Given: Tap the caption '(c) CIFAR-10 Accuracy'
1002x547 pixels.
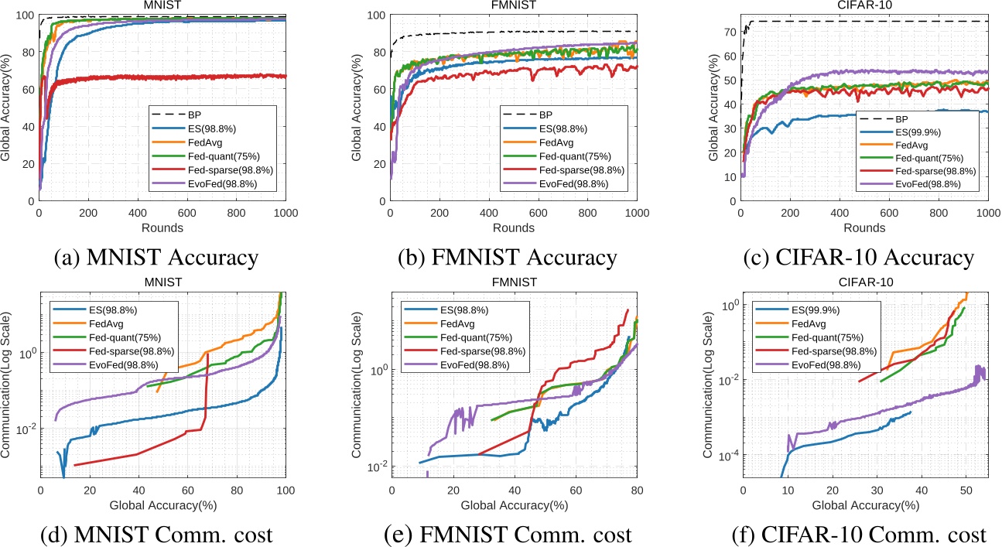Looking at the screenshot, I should pyautogui.click(x=864, y=257).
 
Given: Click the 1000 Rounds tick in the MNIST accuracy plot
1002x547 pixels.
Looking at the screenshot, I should pyautogui.click(x=286, y=212).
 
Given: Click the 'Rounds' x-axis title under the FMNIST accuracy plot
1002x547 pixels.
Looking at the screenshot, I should pyautogui.click(x=514, y=229).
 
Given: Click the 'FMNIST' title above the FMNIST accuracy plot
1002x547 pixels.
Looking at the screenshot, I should pyautogui.click(x=513, y=6).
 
